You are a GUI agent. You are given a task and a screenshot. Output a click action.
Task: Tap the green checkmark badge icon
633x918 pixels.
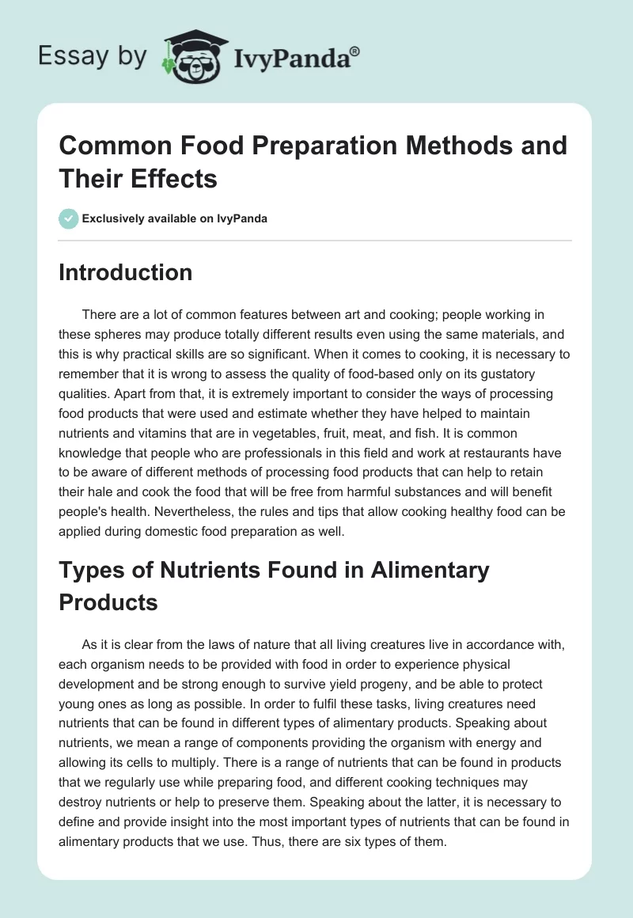[x=69, y=218]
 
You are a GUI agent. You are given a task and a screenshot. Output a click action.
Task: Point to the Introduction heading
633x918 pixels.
[x=125, y=272]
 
